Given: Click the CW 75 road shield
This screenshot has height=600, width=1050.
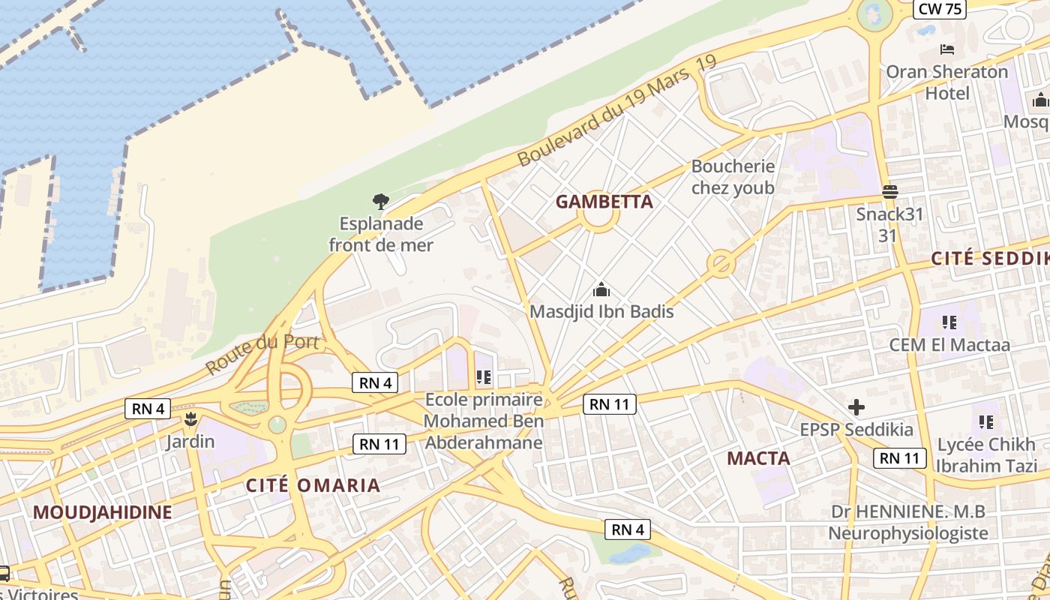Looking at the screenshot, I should (940, 8).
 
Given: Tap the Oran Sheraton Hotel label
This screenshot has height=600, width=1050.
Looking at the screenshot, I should (947, 82).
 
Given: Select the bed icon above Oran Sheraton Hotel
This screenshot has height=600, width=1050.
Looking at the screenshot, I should (947, 49).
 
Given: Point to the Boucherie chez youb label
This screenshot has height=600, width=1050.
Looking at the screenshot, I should (733, 177).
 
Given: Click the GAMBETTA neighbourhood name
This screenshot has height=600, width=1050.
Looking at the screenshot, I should (604, 202).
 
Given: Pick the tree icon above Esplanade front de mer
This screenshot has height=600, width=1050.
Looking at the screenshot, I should (381, 201).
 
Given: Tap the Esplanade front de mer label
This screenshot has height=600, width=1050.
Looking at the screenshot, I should (381, 234).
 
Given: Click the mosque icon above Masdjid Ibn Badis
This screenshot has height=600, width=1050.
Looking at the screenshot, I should (601, 289).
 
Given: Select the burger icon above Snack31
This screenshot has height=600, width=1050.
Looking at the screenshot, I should (890, 191).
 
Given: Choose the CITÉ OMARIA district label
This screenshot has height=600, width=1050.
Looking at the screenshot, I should (313, 485).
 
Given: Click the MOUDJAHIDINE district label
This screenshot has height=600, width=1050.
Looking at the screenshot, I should (103, 513).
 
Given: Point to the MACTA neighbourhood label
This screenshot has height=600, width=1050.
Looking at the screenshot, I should (758, 458).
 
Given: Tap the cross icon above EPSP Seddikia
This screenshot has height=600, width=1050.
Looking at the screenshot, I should (856, 407).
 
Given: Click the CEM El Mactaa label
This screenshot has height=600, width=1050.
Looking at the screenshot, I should (949, 345).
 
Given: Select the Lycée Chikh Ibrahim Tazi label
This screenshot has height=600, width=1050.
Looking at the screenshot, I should (986, 454).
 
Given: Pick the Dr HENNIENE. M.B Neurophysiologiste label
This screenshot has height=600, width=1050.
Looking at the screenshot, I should (908, 523).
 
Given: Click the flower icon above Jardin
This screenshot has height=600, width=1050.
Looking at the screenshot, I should (190, 418).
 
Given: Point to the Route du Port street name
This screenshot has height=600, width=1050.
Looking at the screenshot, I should (263, 354).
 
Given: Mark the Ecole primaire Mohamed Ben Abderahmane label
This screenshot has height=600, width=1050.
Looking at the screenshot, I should (484, 421).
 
